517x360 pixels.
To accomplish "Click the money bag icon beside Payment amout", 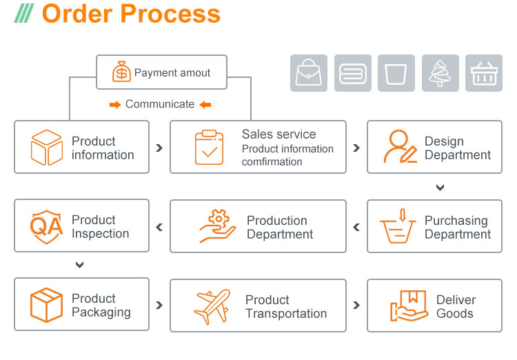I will click(121, 72).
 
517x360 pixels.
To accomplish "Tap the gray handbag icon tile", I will click(310, 73).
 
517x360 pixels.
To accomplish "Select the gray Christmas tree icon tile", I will click(440, 73).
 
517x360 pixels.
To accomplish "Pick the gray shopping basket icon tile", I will click(484, 73).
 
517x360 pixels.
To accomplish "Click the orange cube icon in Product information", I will click(47, 148).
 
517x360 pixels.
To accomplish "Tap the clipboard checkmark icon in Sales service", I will click(209, 147).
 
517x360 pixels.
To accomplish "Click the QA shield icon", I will click(46, 226).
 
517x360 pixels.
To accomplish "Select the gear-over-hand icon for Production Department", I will click(217, 226).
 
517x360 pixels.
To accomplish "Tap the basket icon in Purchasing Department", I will click(398, 226).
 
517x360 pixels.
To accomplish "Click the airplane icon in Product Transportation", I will click(212, 306).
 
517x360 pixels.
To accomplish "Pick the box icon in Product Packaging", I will click(46, 305).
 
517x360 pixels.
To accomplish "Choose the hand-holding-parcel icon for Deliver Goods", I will click(409, 306).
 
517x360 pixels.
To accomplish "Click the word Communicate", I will click(160, 104).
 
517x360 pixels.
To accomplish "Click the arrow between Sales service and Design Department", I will click(356, 148).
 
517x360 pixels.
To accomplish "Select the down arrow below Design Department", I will click(440, 188).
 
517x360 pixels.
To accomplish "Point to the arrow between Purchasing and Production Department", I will click(356, 227).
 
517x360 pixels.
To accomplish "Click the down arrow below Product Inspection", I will click(80, 265).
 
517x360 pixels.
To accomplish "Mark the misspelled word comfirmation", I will click(272, 162).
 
